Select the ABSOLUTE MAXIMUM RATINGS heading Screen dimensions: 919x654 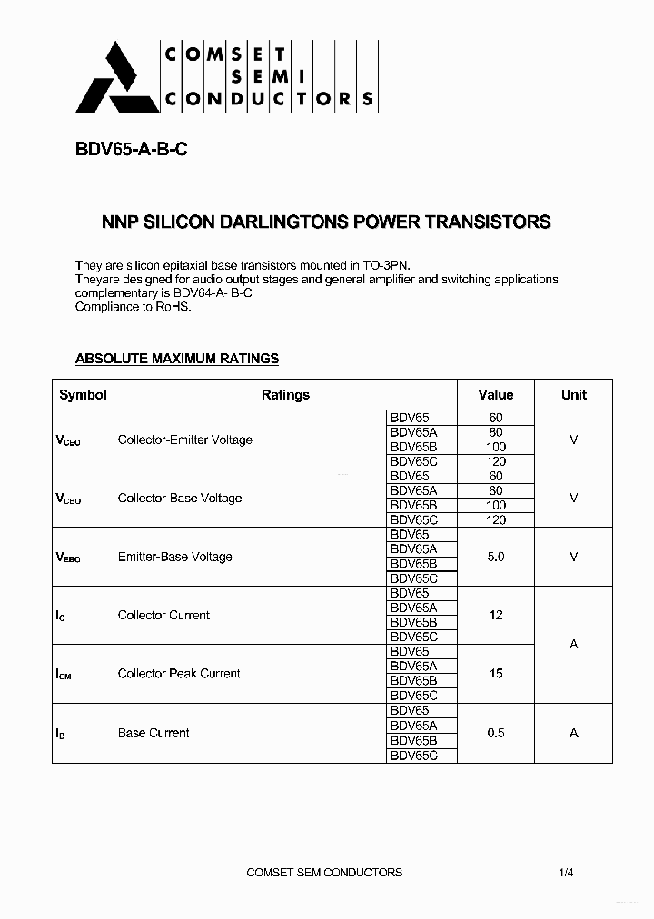coord(176,359)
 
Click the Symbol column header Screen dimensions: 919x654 coord(83,395)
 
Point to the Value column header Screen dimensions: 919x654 coord(496,395)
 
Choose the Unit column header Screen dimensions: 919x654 coord(573,395)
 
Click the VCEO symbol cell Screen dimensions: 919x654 coord(68,440)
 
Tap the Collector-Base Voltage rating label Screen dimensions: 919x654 coord(180,499)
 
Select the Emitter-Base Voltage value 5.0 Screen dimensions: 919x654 coord(496,557)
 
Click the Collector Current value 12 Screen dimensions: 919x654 coord(496,615)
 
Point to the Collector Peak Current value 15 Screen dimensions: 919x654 coord(496,674)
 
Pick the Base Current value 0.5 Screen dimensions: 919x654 coord(496,733)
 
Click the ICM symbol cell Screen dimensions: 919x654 coord(64,675)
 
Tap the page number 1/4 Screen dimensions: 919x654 coord(566,873)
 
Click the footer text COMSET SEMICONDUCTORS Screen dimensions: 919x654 coord(324,873)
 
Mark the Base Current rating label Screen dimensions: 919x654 coord(154,733)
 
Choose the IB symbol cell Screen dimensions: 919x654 coord(61,733)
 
